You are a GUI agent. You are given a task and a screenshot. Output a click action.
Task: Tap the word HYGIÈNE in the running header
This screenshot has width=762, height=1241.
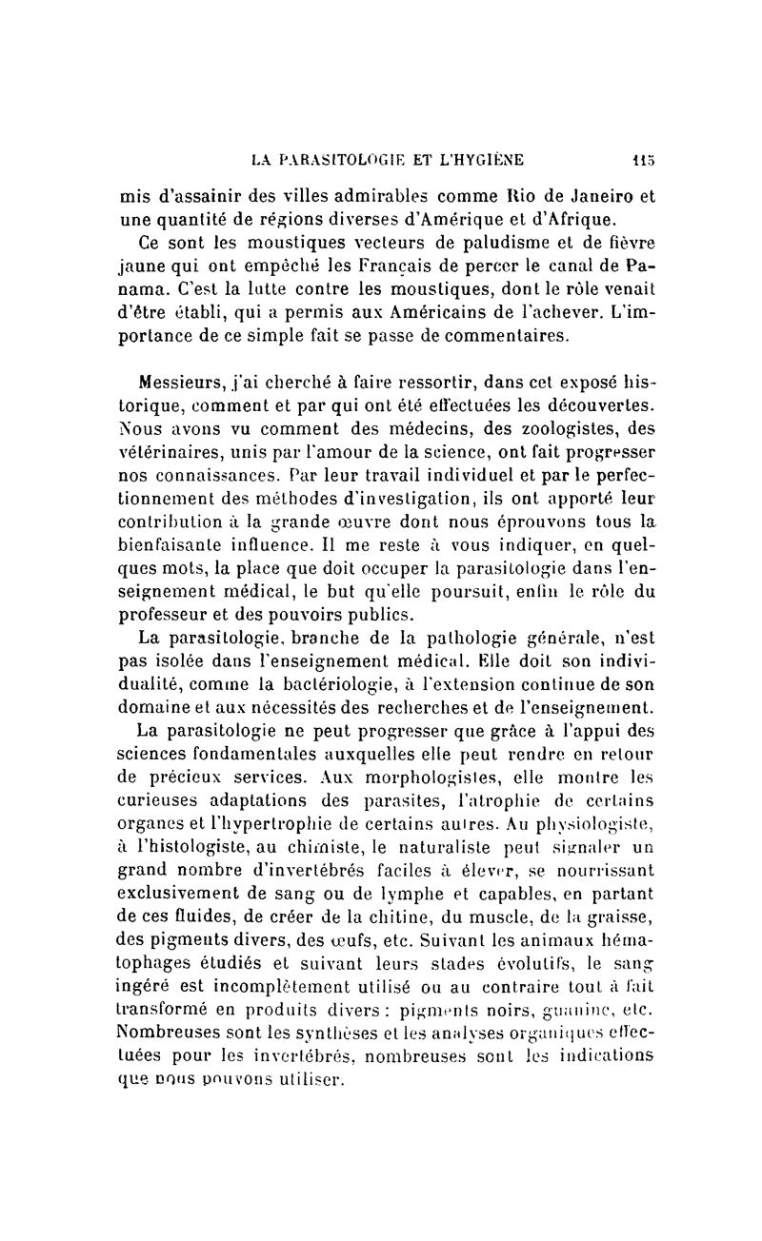[x=476, y=159]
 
